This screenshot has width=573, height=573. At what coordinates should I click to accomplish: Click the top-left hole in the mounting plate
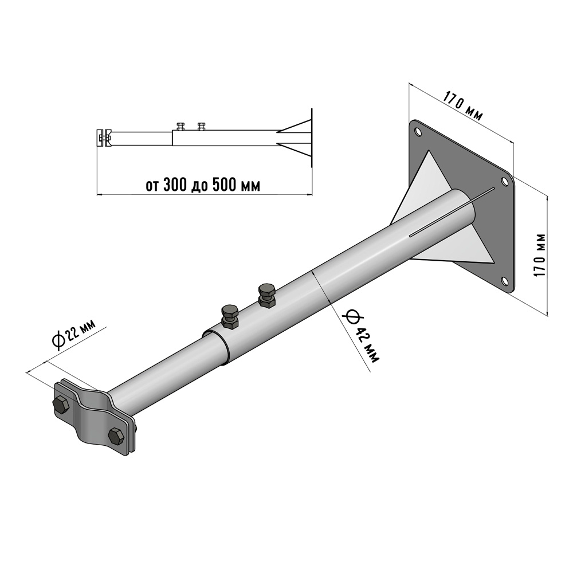tap(417, 131)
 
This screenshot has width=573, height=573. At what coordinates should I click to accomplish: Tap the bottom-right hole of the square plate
tap(504, 280)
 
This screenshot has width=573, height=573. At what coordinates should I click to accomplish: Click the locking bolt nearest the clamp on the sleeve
tap(230, 316)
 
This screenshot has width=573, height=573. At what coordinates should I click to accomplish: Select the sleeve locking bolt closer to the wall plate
tap(268, 295)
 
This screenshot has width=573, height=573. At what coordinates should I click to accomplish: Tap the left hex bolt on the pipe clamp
tap(60, 404)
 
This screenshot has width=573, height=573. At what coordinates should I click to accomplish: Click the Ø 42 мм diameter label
tap(361, 335)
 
